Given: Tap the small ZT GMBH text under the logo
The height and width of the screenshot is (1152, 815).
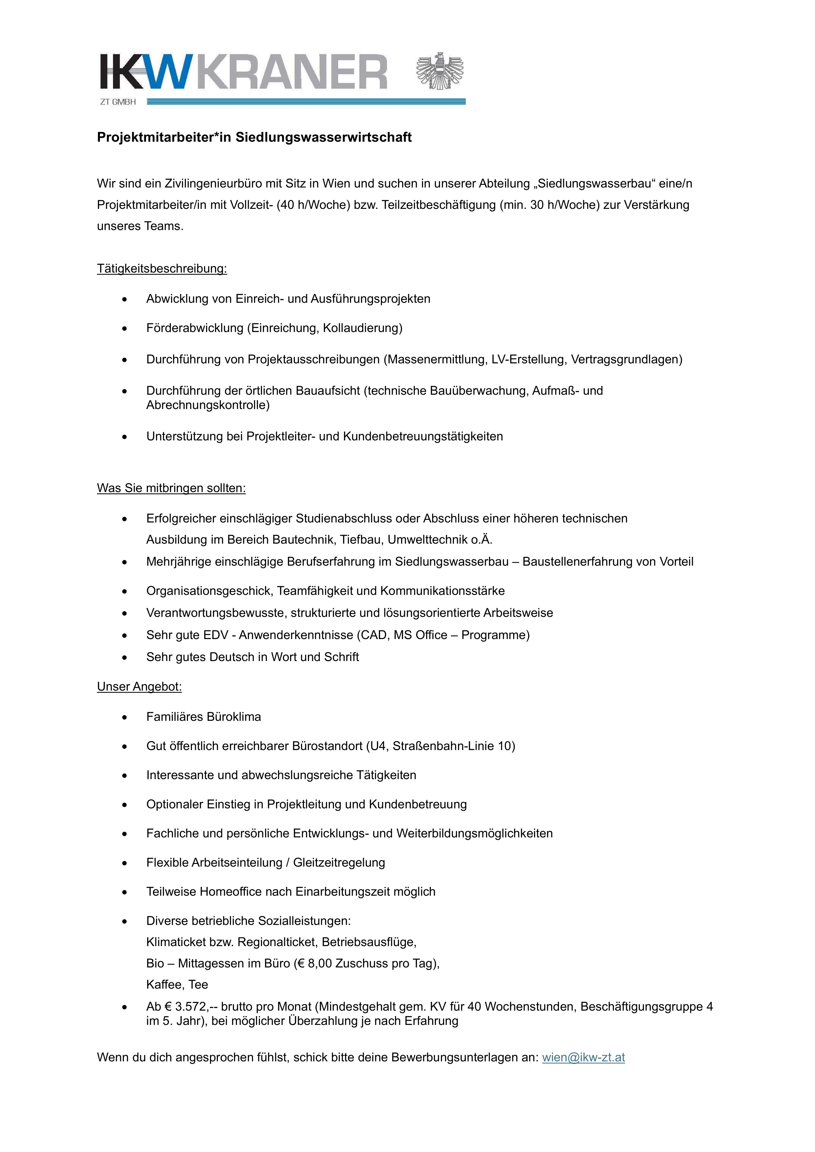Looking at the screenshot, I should (118, 102).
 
